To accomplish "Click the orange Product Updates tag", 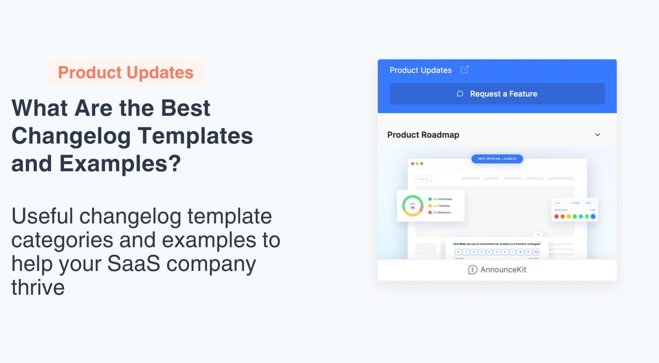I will tap(126, 72).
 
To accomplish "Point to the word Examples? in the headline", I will tap(120, 164).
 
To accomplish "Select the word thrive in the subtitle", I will tap(38, 287).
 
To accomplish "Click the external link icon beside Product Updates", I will tap(465, 70).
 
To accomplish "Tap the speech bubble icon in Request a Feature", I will tap(460, 94).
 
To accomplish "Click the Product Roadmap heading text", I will tap(423, 135).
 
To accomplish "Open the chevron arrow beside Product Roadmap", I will tap(597, 135).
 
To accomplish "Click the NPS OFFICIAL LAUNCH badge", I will tap(497, 159).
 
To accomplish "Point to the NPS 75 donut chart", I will tap(412, 206).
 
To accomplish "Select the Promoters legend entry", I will tap(440, 199).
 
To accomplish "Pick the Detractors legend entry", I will tap(440, 213).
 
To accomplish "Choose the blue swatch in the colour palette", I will tap(593, 217).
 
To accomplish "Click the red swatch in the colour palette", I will tap(556, 217).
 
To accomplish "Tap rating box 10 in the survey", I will tap(535, 252).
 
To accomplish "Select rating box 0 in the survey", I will tap(458, 252).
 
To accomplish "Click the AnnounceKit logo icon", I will tap(472, 270).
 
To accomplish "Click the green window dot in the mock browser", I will tap(422, 164).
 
